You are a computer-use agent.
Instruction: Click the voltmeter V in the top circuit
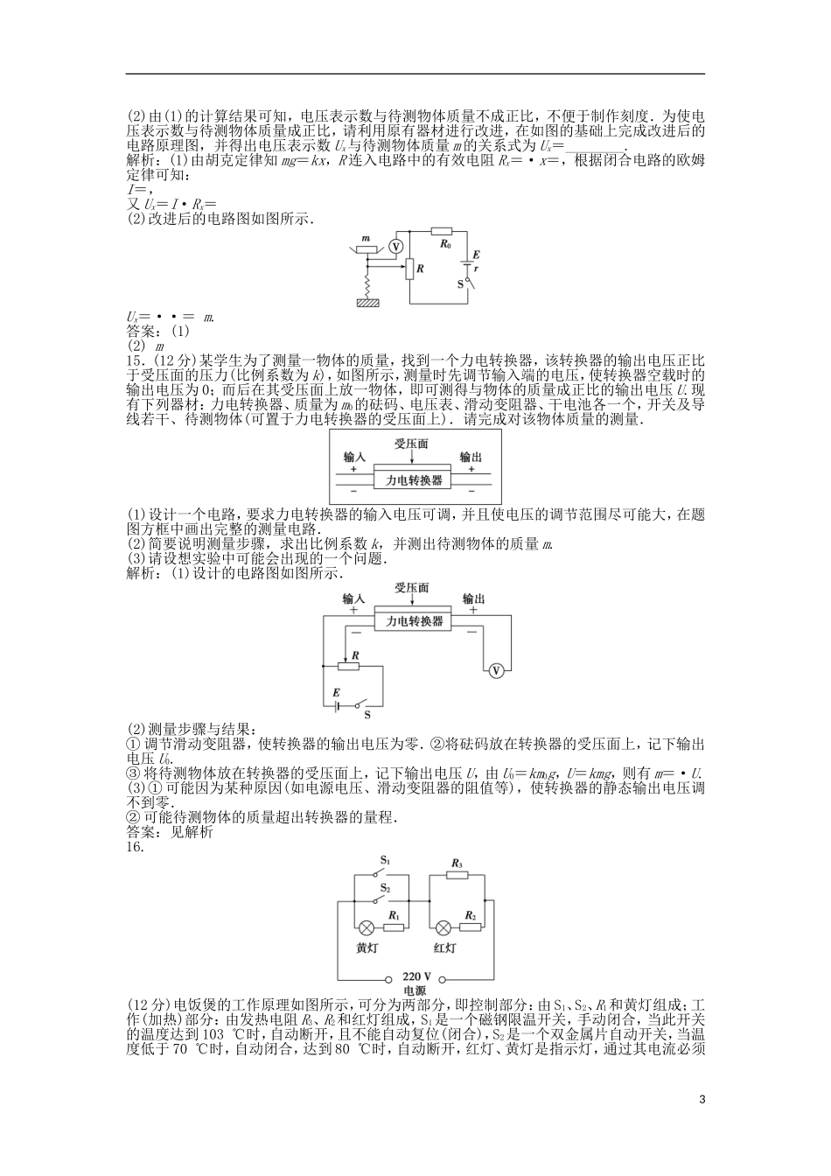(396, 247)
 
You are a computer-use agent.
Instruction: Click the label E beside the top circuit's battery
(475, 254)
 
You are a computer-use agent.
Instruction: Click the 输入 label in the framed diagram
(353, 458)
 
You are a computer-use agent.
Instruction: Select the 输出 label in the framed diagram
(470, 458)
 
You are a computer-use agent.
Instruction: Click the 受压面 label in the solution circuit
(411, 588)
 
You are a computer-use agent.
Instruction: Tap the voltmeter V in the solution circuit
(496, 671)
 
